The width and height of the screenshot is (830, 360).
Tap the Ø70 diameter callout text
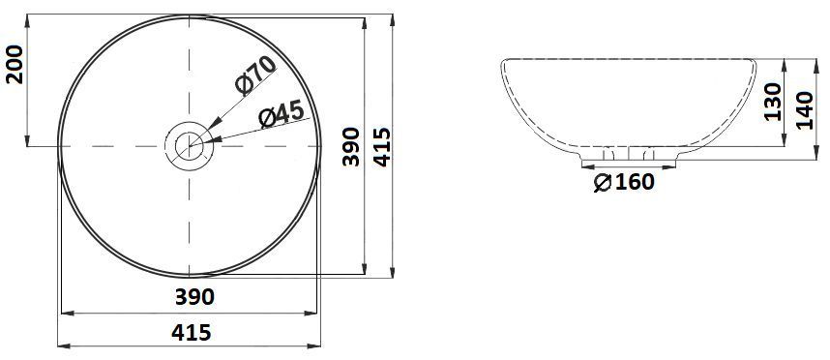point(255,74)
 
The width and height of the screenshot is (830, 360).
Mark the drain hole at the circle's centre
point(189,146)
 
